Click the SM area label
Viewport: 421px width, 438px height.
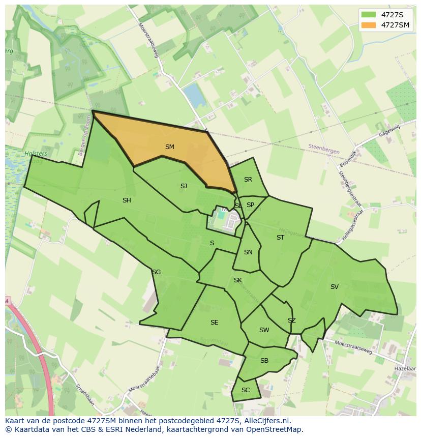coord(170,147)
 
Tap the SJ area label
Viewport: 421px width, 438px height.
coord(184,186)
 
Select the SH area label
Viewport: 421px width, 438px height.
coord(127,200)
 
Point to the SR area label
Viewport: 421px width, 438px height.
coord(248,180)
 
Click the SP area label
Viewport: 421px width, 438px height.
coord(250,205)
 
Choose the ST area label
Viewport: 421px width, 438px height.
coord(280,238)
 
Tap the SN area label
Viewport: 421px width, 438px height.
coord(248,252)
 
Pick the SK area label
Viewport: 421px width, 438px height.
coord(238,280)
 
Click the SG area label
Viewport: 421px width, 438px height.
coord(156,272)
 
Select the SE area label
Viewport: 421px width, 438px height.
coord(214,323)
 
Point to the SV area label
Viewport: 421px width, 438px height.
coord(334,287)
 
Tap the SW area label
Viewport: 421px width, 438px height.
coord(264,330)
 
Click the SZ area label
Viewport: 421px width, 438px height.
coord(291,320)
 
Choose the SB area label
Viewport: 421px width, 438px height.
coord(264,361)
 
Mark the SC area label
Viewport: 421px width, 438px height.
coord(246,390)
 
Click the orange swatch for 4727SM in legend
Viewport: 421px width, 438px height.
coord(369,25)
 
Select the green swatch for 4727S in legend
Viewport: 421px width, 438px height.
coord(369,15)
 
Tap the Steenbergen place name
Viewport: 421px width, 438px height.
coord(323,147)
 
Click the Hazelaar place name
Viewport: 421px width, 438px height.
coord(405,368)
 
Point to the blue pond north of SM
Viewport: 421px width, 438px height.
coord(194,96)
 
